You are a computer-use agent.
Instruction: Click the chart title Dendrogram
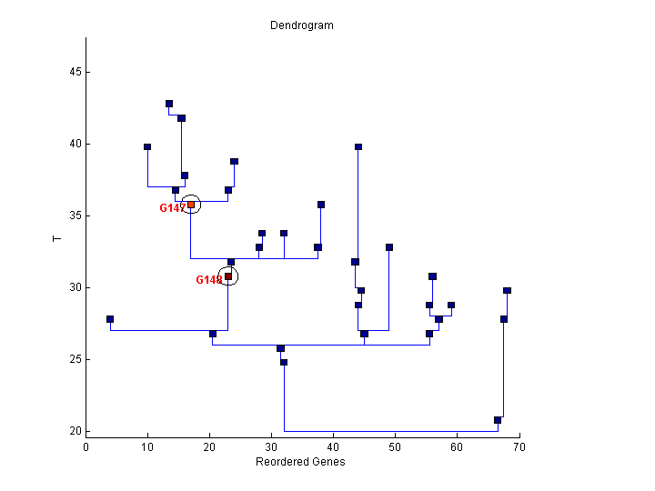(301, 25)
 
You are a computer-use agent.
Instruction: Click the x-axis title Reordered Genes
(301, 462)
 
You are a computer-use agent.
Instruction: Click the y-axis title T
(57, 238)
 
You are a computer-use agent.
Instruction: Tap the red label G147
(172, 208)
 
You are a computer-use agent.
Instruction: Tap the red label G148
(208, 280)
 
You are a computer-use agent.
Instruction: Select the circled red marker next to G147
(191, 205)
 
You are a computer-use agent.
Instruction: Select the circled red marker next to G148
(228, 276)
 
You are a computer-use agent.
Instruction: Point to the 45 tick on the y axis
(86, 72)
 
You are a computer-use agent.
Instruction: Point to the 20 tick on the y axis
(86, 431)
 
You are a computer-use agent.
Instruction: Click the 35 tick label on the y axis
(73, 215)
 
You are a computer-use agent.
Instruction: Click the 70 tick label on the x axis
(519, 446)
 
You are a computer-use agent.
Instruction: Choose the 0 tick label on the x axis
(86, 446)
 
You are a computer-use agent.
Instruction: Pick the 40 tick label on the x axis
(333, 446)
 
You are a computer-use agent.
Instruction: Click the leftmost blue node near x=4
(110, 319)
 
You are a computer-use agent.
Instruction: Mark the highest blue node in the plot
(169, 104)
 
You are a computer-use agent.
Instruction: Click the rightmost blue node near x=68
(507, 291)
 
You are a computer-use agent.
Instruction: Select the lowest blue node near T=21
(498, 420)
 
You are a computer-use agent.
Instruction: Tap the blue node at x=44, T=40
(358, 146)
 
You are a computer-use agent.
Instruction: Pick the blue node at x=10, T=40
(147, 146)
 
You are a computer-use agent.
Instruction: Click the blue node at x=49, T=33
(389, 247)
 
